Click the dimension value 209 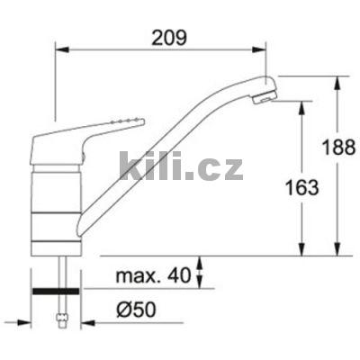click(167, 38)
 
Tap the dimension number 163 click(308, 187)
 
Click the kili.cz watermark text click(180, 166)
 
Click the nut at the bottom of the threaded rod click(61, 317)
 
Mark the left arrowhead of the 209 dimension click(60, 51)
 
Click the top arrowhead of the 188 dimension click(338, 80)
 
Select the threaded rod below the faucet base click(61, 270)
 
